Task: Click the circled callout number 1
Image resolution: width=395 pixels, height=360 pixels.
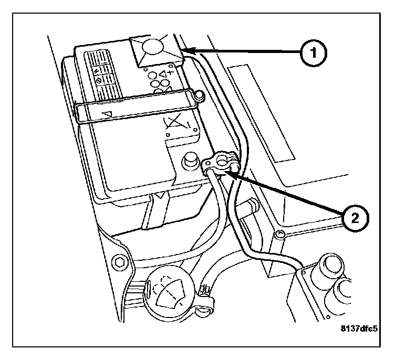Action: pyautogui.click(x=315, y=53)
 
